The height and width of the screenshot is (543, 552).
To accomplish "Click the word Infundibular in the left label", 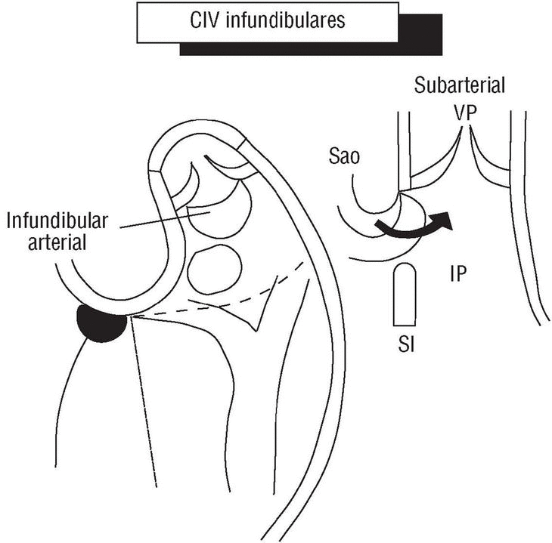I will pyautogui.click(x=58, y=221).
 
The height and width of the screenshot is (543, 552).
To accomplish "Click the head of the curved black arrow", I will pyautogui.click(x=445, y=220).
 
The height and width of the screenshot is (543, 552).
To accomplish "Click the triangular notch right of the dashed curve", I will pyautogui.click(x=257, y=313).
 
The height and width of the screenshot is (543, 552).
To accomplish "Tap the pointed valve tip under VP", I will pyautogui.click(x=466, y=134).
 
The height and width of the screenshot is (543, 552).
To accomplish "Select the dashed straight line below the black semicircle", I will pyautogui.click(x=144, y=400).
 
